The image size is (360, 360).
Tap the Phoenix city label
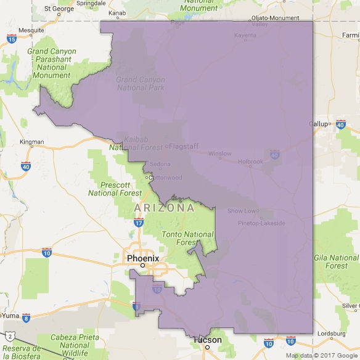tap(143, 258)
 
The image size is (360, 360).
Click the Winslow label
tap(220, 153)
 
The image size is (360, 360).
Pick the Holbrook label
tap(251, 162)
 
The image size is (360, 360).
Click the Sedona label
tap(160, 164)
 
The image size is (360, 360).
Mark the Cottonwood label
tap(166, 178)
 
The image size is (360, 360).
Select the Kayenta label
tap(245, 35)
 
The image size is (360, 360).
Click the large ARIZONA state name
tap(164, 208)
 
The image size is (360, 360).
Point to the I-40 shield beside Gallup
tap(341, 125)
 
